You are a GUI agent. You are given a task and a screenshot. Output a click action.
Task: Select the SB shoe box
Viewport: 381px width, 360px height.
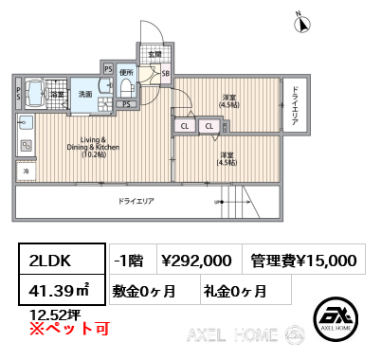tap(166, 74)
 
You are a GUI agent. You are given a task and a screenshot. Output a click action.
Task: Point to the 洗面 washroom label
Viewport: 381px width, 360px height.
tap(84, 94)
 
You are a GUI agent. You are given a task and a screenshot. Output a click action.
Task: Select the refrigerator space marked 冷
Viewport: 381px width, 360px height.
tap(26, 171)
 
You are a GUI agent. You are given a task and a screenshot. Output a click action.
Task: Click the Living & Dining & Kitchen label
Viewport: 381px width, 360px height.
tap(93, 148)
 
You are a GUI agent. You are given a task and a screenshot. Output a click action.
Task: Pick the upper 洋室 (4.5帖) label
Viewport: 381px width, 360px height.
tap(229, 101)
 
